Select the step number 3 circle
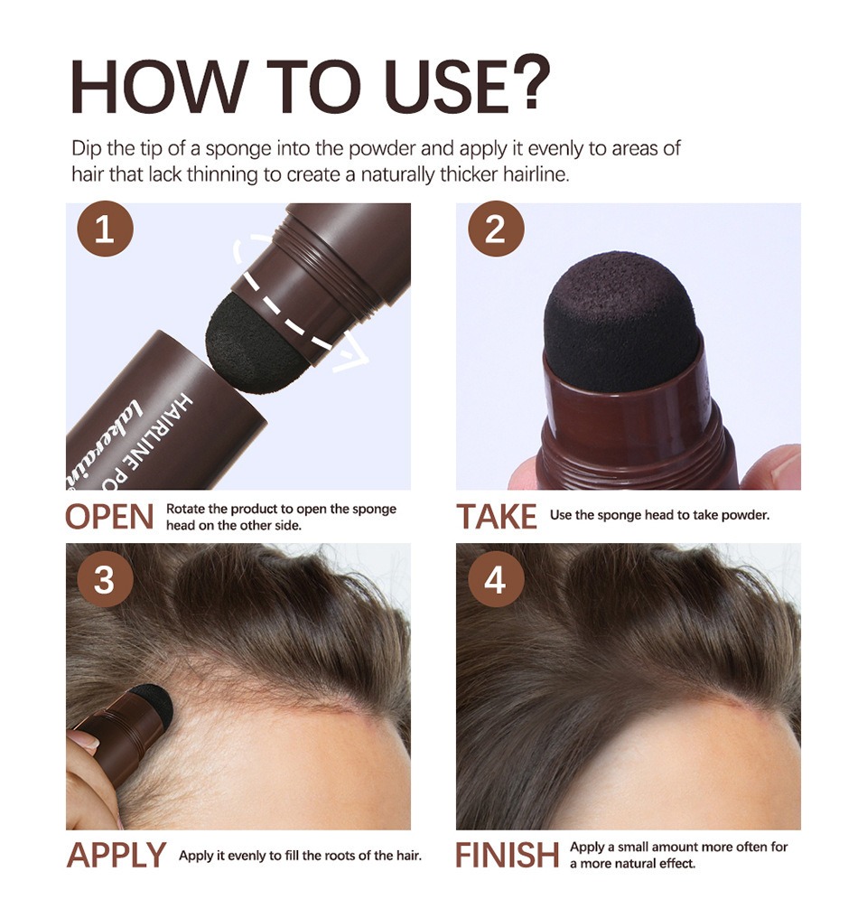point(105,579)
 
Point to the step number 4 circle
point(495,579)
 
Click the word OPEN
point(110,517)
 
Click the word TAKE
point(496,517)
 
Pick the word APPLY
point(117,856)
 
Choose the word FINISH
point(507,856)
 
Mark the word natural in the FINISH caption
point(632,864)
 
